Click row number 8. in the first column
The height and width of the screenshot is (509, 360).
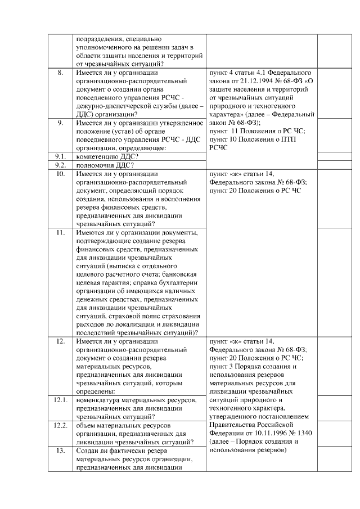[x=60, y=73]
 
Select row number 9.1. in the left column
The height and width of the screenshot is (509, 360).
[x=60, y=156]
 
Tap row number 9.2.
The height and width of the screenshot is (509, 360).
[x=60, y=165]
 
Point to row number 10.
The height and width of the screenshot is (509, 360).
[x=60, y=174]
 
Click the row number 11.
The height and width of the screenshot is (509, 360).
[x=60, y=232]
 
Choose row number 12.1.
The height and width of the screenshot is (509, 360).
[x=60, y=400]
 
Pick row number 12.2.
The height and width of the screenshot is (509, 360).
[x=60, y=425]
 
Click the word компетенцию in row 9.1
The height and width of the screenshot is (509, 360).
[x=96, y=156]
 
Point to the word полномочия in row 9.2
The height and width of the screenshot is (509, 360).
[x=95, y=165]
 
